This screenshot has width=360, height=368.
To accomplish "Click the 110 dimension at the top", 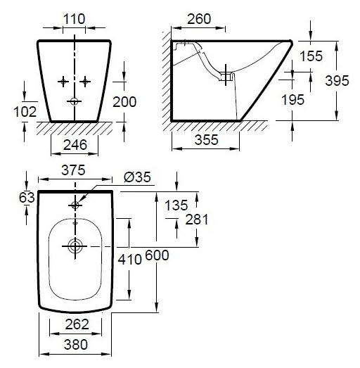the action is pyautogui.click(x=74, y=19).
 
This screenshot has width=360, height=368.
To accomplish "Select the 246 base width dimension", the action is pyautogui.click(x=75, y=145).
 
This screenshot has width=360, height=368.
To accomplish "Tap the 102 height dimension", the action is pyautogui.click(x=25, y=112).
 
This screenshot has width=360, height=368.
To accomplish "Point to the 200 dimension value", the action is pyautogui.click(x=124, y=102).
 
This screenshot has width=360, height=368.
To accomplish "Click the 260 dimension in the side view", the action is pyautogui.click(x=199, y=19).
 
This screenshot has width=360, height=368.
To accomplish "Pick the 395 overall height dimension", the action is pyautogui.click(x=337, y=81).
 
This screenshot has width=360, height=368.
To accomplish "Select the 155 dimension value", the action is pyautogui.click(x=311, y=56).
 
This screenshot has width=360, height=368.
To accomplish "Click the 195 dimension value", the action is pyautogui.click(x=292, y=100).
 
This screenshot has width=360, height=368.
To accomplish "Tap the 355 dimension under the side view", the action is pyautogui.click(x=207, y=140).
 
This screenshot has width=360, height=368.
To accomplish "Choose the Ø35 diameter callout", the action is pyautogui.click(x=137, y=177).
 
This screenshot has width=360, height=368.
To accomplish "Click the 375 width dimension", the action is pyautogui.click(x=73, y=170).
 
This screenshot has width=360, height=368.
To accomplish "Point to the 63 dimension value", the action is pyautogui.click(x=27, y=198).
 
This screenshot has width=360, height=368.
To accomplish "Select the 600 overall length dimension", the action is pyautogui.click(x=157, y=255).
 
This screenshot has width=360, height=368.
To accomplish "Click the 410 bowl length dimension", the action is pyautogui.click(x=129, y=260).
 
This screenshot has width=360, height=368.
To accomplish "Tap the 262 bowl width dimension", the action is pyautogui.click(x=77, y=324).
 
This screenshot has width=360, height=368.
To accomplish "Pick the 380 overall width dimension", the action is pyautogui.click(x=76, y=345).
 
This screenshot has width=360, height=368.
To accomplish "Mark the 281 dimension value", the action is pyautogui.click(x=197, y=220).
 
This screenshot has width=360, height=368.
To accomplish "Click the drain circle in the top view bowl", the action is pyautogui.click(x=75, y=246).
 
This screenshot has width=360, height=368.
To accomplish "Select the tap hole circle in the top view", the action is pyautogui.click(x=75, y=205).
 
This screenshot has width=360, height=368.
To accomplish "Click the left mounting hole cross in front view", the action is pyautogui.click(x=63, y=82).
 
